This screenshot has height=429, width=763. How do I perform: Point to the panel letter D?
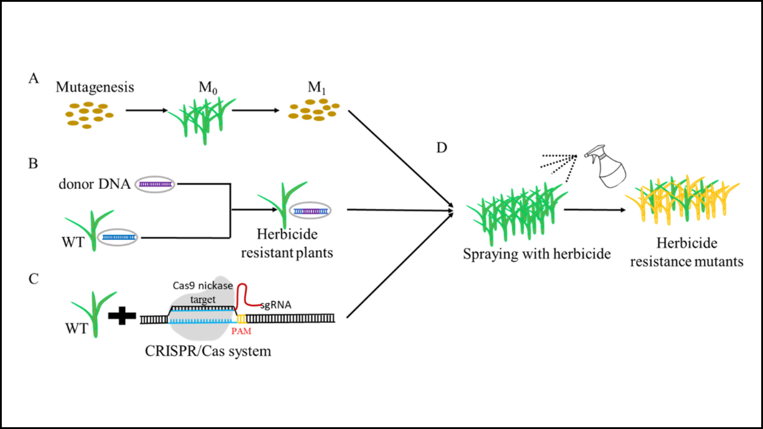[x=441, y=147]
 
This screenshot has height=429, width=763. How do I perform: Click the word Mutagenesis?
[x=95, y=87]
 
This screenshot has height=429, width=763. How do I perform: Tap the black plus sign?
[x=122, y=316]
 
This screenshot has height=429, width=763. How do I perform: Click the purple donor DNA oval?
[x=156, y=185]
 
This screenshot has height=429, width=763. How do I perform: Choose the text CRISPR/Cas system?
[x=207, y=351]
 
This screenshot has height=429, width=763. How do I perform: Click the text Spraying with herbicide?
[x=536, y=255]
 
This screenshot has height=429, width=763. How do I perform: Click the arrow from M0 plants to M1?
[x=258, y=110]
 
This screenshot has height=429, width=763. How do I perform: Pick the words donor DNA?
[x=95, y=184]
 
